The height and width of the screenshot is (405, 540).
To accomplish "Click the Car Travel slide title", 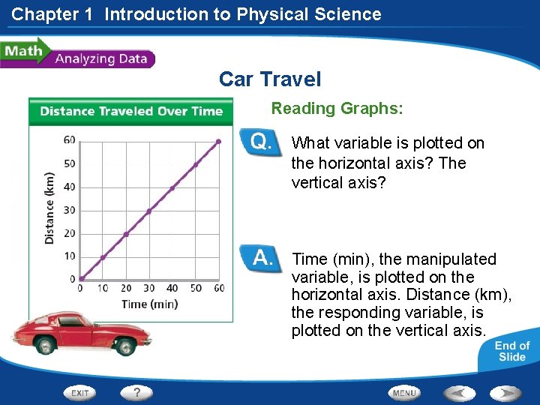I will (269, 79).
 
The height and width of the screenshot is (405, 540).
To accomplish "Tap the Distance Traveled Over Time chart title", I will (131, 112).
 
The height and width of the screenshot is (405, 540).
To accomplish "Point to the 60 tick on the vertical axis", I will (70, 139).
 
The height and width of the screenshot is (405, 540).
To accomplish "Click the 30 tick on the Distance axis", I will (70, 210).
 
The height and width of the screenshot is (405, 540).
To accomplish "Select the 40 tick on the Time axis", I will (172, 289).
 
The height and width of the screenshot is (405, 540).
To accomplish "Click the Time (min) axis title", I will (149, 304).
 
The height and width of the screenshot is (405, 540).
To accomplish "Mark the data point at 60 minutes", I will (218, 141).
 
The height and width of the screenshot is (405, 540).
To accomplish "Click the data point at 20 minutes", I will (126, 234).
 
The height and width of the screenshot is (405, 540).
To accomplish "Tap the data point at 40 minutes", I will (172, 187).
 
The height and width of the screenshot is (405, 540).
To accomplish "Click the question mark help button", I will (137, 392).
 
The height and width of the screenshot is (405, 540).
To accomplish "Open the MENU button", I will (404, 392).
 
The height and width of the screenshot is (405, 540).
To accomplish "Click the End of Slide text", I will (511, 351).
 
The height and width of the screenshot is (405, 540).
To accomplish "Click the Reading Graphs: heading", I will (337, 109).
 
